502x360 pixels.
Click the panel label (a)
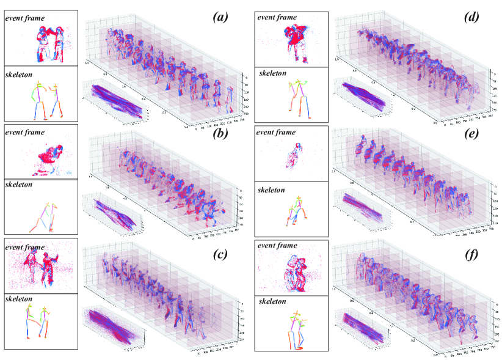click(x=220, y=17)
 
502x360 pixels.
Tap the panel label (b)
click(x=220, y=133)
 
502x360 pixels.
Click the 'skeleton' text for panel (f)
click(x=276, y=301)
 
